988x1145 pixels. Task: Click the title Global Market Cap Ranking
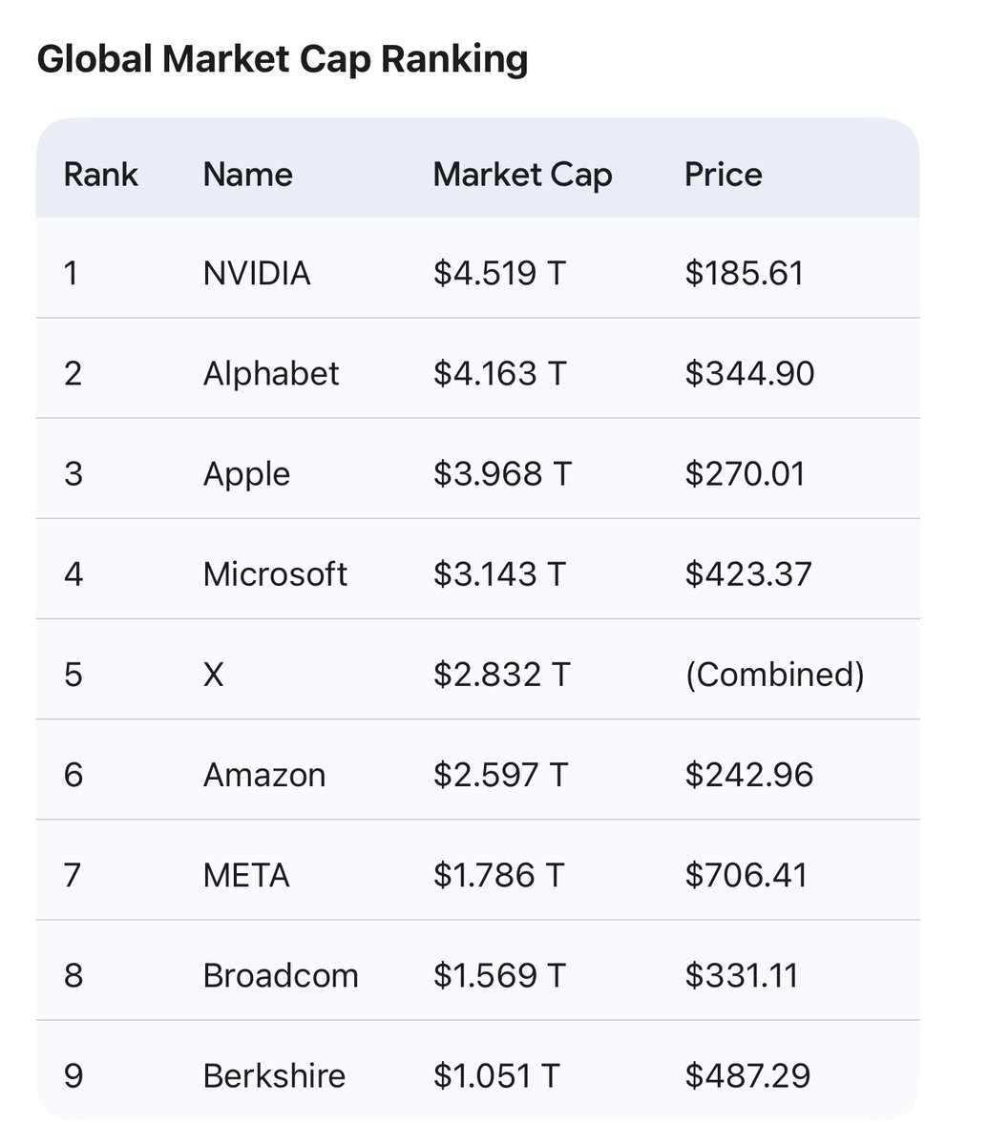click(x=282, y=60)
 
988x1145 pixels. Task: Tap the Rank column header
click(x=100, y=175)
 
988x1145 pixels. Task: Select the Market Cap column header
click(x=522, y=175)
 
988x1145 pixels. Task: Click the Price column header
click(x=723, y=175)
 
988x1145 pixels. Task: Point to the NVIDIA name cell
click(x=257, y=274)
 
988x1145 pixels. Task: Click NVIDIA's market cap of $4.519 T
click(x=499, y=274)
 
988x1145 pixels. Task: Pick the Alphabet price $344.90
click(x=749, y=373)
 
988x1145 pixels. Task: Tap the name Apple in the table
click(x=246, y=474)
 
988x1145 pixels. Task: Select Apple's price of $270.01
click(x=745, y=474)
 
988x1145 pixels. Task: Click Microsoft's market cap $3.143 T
click(x=499, y=574)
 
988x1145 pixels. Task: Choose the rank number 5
click(x=73, y=675)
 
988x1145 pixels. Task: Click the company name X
click(x=214, y=675)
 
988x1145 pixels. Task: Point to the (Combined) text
click(x=774, y=675)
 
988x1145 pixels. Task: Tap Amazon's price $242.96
click(x=748, y=775)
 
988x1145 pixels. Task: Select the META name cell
click(x=246, y=875)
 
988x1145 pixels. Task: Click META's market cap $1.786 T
click(x=499, y=875)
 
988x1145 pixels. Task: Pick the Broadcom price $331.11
click(x=741, y=975)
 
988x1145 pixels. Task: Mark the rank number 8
click(x=73, y=975)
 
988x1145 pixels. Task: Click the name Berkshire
click(x=274, y=1076)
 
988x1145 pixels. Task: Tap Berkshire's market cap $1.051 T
click(x=496, y=1076)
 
